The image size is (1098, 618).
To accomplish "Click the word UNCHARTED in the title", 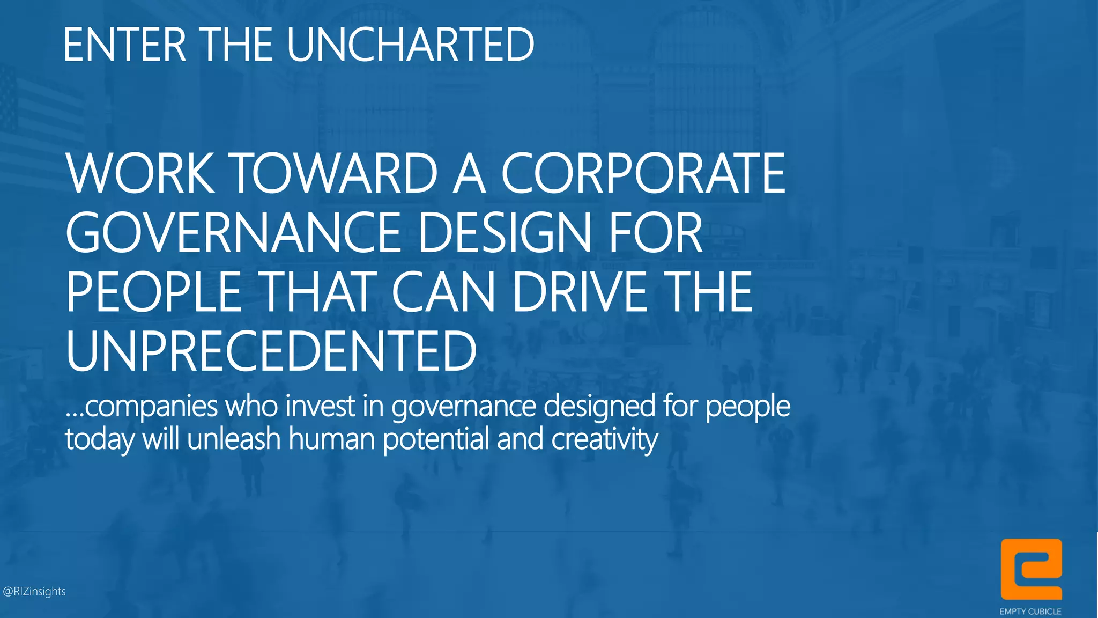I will pyautogui.click(x=410, y=45).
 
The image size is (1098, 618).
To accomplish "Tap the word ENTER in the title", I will pyautogui.click(x=124, y=45).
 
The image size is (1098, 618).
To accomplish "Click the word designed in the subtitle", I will pyautogui.click(x=600, y=406).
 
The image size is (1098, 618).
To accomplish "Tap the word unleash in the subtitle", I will pyautogui.click(x=234, y=439).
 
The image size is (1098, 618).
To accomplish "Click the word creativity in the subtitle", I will pyautogui.click(x=604, y=439).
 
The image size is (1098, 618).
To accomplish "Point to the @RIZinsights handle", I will pyautogui.click(x=34, y=591).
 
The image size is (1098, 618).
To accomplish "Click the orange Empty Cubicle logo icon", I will pyautogui.click(x=1031, y=569).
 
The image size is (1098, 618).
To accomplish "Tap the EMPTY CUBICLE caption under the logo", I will pyautogui.click(x=1030, y=612).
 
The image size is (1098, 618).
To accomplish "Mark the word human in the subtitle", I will pyautogui.click(x=331, y=439).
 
